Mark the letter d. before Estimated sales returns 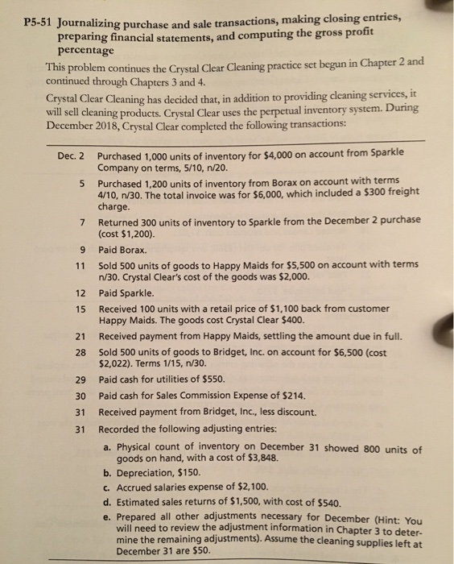pos(108,503)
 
